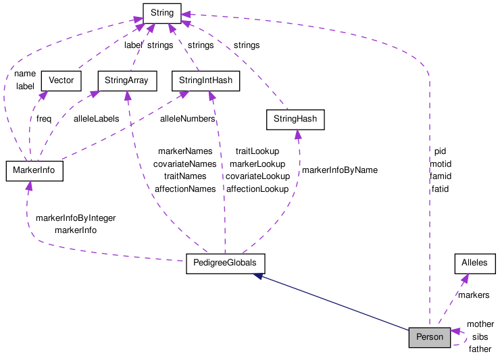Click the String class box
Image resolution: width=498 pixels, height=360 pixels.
(x=161, y=12)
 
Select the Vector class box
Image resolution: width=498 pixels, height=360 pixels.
(x=61, y=81)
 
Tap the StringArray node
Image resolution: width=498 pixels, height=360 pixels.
(x=127, y=81)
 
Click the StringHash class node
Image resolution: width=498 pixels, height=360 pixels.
(x=295, y=120)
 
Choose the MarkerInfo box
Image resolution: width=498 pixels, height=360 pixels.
(x=34, y=171)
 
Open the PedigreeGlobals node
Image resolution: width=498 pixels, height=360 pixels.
(x=226, y=263)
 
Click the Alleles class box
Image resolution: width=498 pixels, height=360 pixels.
(x=474, y=263)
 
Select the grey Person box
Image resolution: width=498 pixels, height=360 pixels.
(x=429, y=337)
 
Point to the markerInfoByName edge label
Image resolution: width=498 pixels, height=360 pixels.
(x=339, y=170)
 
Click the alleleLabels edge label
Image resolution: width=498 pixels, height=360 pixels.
(x=96, y=119)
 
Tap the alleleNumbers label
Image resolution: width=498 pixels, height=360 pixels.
(x=187, y=119)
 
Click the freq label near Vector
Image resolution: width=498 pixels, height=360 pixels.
(x=44, y=119)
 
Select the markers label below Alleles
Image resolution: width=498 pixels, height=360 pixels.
(x=473, y=295)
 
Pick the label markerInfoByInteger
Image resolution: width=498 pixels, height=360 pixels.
(x=75, y=218)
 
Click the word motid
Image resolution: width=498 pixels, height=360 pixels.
(x=440, y=164)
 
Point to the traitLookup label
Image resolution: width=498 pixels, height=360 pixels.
(x=257, y=151)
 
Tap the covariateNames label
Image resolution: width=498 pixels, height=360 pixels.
(x=184, y=163)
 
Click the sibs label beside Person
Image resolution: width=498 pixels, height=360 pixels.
(x=480, y=336)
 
